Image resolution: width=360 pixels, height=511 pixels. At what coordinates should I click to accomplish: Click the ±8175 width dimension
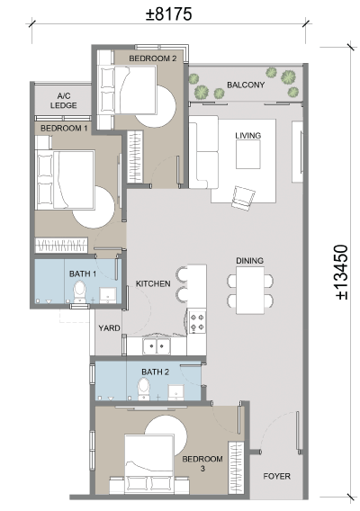coord(168,14)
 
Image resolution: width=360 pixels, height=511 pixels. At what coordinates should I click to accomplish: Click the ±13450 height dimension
coord(342,272)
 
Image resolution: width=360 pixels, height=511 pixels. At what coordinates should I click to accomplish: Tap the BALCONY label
coord(246,85)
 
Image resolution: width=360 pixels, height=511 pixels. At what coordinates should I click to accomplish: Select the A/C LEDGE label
coord(64,101)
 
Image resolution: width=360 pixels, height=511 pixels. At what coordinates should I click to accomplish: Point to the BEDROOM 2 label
coord(153,58)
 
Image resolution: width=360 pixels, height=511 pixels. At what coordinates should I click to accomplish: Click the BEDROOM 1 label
coord(64,128)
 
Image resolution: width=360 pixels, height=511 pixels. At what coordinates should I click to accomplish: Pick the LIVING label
coord(247,135)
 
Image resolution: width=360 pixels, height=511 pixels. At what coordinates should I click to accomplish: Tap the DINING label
coord(249,261)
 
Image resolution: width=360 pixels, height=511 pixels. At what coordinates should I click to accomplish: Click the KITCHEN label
coord(153,283)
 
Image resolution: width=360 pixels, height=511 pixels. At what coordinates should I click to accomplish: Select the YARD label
coord(109,327)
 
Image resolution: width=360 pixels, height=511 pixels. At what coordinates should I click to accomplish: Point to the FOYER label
coord(276,476)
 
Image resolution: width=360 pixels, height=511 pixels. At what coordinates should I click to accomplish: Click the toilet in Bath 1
coord(79,292)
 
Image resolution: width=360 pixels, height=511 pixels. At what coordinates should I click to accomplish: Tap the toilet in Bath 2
coord(143,388)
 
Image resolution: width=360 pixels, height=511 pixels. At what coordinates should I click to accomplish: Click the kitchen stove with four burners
coord(198,322)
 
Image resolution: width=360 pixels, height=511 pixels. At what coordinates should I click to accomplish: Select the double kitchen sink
coord(157,345)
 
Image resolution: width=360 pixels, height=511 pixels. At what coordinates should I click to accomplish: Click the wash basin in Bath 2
coord(176,392)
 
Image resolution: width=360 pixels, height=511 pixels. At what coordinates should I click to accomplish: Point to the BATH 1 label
coord(83,273)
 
